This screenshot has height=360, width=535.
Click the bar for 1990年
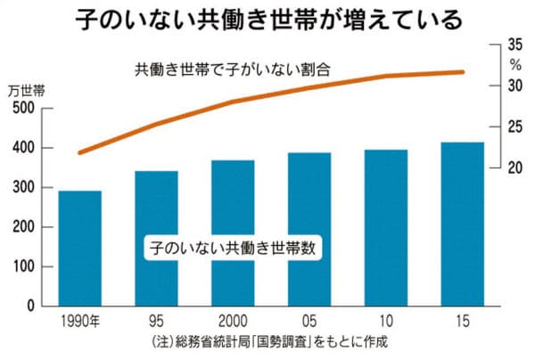tap(80, 249)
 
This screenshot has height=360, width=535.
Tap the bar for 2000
tap(233, 233)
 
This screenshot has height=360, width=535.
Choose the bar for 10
tap(386, 227)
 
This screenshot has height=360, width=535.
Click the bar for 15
tap(462, 224)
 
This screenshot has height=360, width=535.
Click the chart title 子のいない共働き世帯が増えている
tap(267, 18)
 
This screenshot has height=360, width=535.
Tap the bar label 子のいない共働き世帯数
tap(233, 248)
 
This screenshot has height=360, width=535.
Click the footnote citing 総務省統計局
tap(266, 343)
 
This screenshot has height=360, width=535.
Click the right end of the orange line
tap(463, 72)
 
